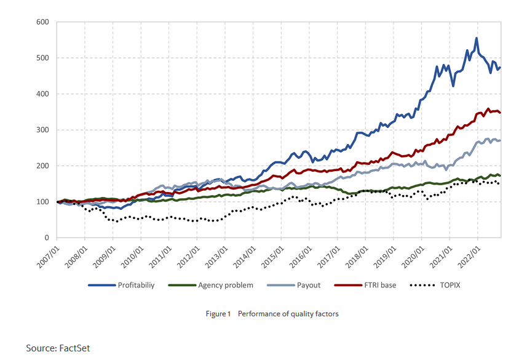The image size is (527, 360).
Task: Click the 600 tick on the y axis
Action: click(x=42, y=22)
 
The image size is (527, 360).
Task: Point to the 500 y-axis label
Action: click(x=42, y=58)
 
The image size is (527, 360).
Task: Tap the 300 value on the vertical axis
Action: click(x=42, y=130)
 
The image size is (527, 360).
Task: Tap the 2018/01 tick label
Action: click(x=357, y=254)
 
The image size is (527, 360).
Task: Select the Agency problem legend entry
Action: click(x=226, y=286)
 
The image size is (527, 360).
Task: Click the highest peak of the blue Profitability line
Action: click(x=477, y=38)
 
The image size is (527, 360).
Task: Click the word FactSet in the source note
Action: click(x=74, y=348)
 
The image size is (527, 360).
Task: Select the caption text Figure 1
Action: click(x=218, y=314)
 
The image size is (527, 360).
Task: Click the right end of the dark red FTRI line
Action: click(x=500, y=113)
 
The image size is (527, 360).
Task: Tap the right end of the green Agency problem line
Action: click(x=500, y=176)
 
